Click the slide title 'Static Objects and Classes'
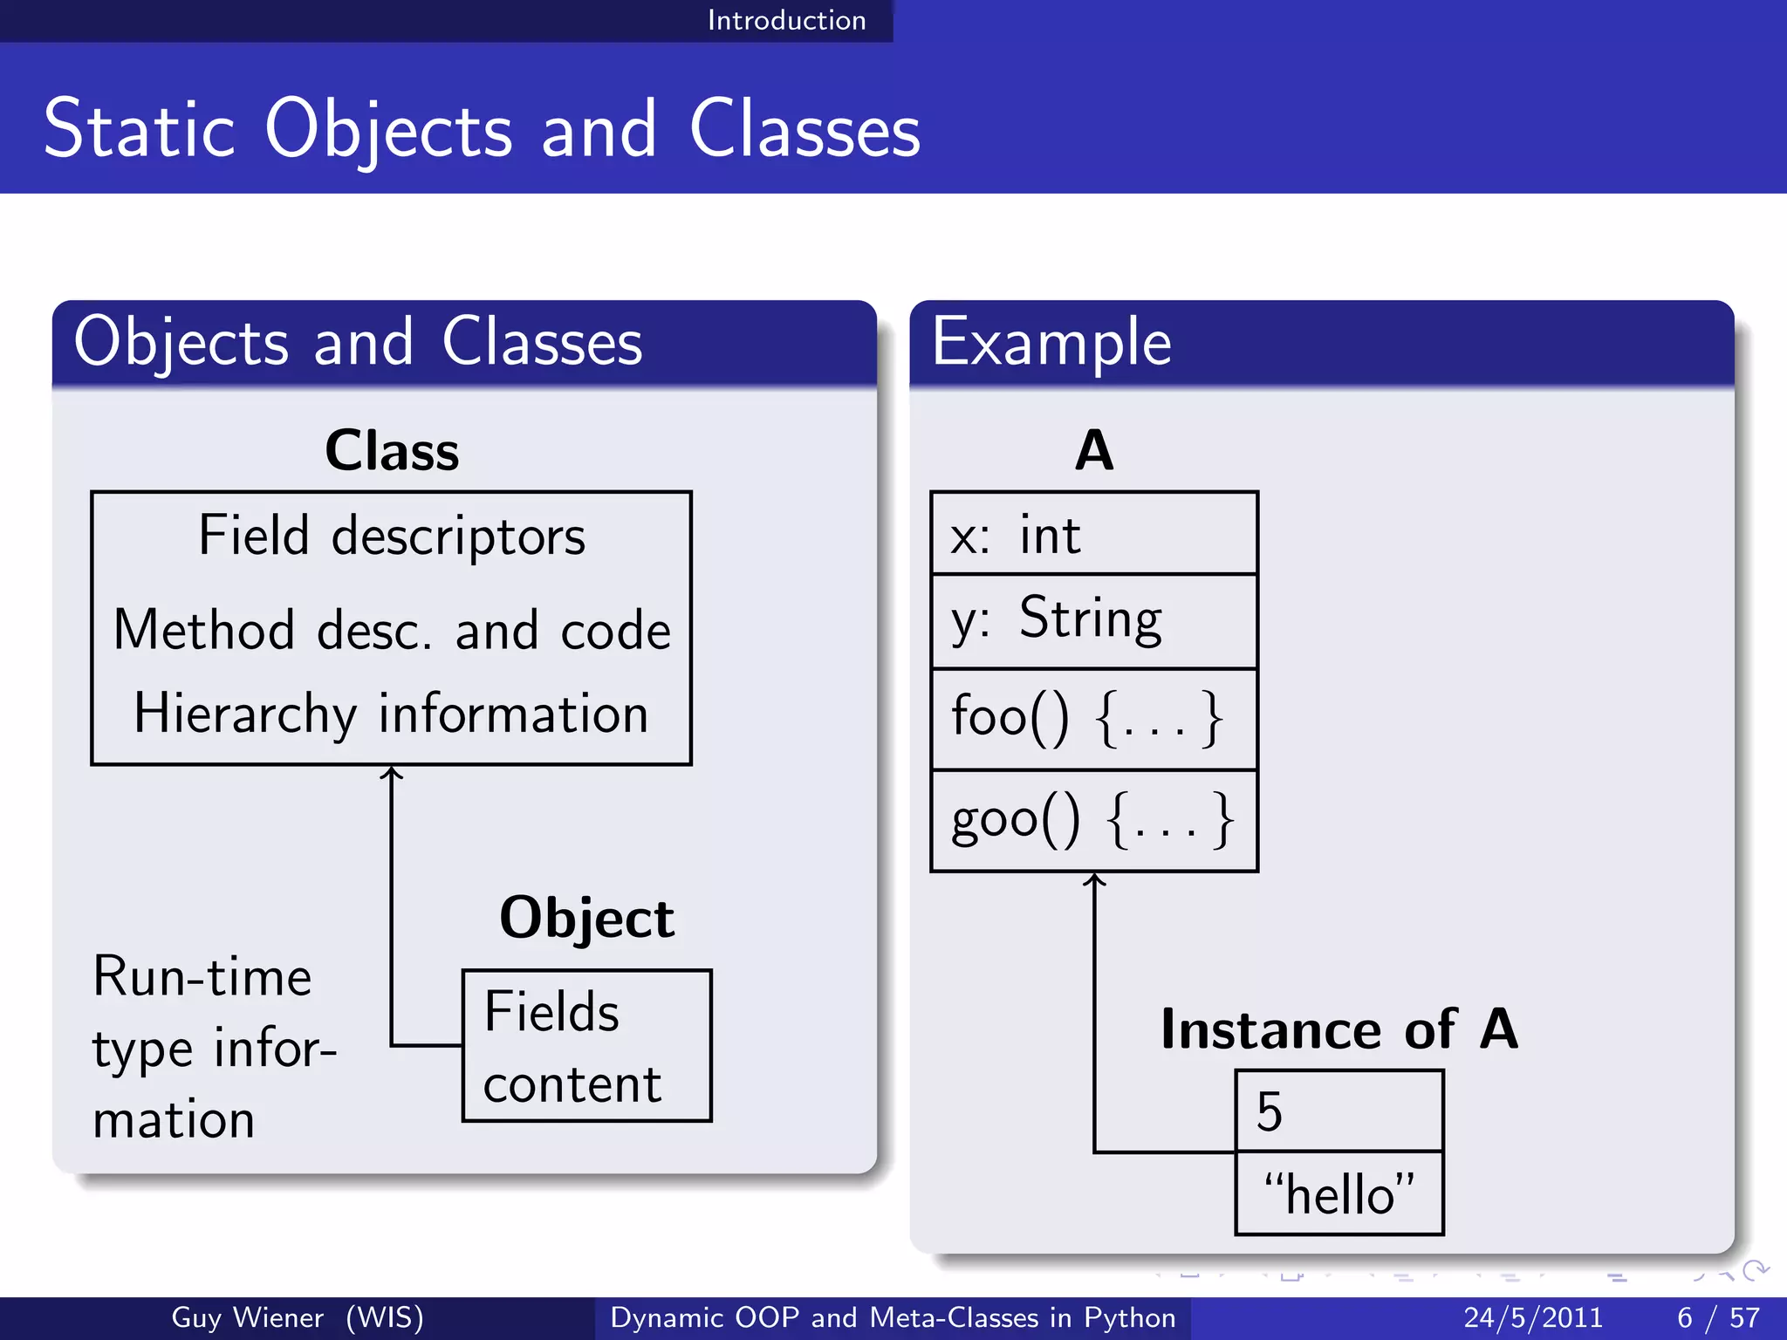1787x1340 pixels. pos(482,129)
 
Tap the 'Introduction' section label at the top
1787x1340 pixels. pos(786,20)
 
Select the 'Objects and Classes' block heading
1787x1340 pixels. pos(358,342)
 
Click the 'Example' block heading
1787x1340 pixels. pos(1051,342)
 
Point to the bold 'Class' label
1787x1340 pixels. pos(392,451)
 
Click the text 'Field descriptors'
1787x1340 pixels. pos(392,535)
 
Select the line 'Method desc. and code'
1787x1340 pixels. pos(392,630)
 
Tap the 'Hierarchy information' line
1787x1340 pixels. pos(392,714)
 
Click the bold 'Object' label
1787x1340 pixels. pos(586,918)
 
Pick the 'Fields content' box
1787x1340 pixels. pos(586,1045)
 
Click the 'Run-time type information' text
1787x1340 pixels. pos(214,1047)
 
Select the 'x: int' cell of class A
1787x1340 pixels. pos(1093,534)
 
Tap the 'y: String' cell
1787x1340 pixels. pos(1093,621)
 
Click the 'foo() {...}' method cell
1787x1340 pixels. pos(1093,719)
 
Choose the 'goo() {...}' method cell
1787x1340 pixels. pos(1093,820)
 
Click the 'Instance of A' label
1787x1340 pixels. pos(1339,1029)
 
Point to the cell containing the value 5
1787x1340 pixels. pos(1339,1111)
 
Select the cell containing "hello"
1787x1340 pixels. pos(1339,1193)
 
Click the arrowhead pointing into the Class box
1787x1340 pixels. pos(392,772)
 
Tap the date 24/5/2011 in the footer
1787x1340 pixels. pos(1533,1317)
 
